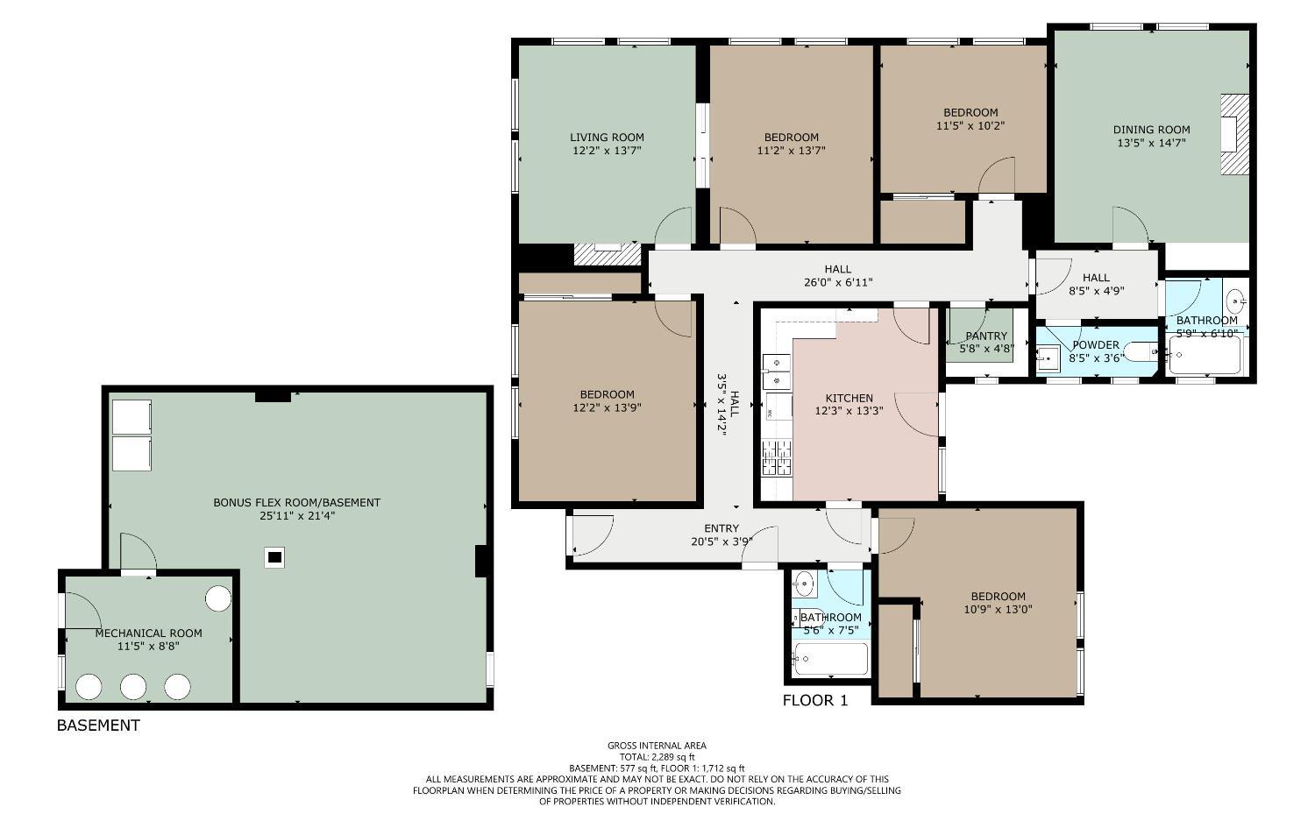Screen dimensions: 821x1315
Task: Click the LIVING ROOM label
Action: point(607,138)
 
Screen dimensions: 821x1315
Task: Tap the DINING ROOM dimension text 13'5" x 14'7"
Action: point(1151,143)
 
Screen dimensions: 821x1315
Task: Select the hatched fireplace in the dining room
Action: point(1234,135)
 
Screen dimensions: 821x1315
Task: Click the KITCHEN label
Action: point(849,398)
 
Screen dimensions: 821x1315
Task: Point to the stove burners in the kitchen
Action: point(777,458)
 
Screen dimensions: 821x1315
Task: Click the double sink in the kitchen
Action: point(776,372)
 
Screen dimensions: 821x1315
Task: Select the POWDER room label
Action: point(1095,345)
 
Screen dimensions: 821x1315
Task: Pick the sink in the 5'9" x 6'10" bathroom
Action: point(1236,301)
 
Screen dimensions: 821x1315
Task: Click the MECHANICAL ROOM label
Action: point(148,633)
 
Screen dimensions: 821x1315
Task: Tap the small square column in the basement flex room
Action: point(274,556)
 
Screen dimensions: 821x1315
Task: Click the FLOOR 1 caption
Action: point(815,701)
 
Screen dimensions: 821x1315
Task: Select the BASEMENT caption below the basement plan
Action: point(98,725)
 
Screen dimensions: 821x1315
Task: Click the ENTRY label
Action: point(721,528)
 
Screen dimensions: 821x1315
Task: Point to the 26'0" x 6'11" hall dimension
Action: point(837,282)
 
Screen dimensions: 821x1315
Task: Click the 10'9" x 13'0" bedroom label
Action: point(998,609)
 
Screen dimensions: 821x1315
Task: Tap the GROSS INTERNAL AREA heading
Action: point(657,747)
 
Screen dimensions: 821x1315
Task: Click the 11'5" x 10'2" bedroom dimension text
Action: point(970,125)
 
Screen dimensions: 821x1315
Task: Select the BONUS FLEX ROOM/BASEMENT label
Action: point(296,503)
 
